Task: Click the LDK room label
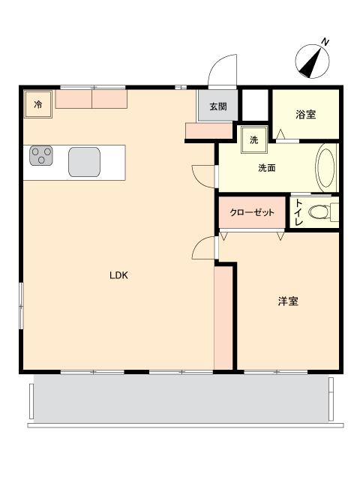(118, 275)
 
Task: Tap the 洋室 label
(288, 301)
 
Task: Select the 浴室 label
(305, 115)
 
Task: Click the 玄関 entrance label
(218, 106)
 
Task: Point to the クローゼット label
(252, 212)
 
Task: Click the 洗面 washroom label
(267, 168)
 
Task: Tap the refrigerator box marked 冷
(38, 104)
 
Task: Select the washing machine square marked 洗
(254, 140)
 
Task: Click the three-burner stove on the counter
(41, 155)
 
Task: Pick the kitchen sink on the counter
(84, 162)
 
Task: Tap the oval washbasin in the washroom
(325, 168)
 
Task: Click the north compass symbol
(312, 61)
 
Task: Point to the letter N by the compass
(325, 42)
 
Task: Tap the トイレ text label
(299, 212)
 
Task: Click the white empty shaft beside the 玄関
(255, 105)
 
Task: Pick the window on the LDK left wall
(21, 306)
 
